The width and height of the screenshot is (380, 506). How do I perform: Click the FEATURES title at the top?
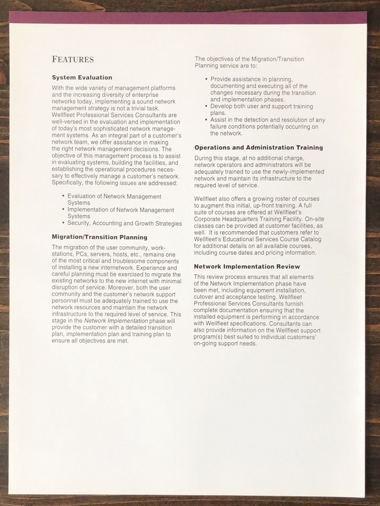72,59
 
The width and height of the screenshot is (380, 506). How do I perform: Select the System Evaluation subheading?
82,77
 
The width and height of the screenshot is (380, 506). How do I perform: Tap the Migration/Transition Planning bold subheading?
100,236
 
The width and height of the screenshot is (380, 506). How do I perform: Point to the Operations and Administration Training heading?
258,147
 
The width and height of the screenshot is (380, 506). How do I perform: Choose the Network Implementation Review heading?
247,266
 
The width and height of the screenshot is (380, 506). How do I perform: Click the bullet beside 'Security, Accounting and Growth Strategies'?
63,223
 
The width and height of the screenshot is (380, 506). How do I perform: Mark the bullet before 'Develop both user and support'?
206,107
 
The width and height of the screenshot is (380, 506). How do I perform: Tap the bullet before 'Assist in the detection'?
206,120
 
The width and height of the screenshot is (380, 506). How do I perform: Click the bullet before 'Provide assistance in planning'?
206,79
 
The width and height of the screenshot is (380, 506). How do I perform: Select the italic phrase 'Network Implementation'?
116,321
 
